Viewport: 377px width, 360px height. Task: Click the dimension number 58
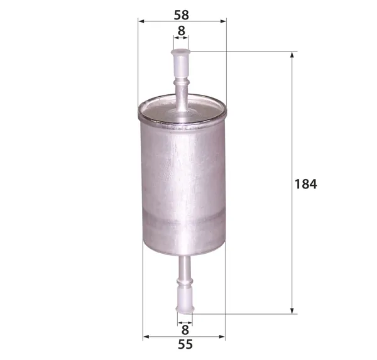(x=182, y=15)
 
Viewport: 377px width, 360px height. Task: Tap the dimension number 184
(x=305, y=184)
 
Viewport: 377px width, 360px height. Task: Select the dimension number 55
(x=185, y=344)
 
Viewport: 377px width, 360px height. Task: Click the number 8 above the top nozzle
(x=182, y=31)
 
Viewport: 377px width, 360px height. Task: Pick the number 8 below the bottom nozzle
(x=185, y=330)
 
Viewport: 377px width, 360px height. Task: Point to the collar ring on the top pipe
(x=182, y=82)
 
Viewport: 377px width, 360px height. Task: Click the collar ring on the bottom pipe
(x=185, y=281)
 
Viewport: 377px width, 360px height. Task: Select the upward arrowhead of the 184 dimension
(x=292, y=55)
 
